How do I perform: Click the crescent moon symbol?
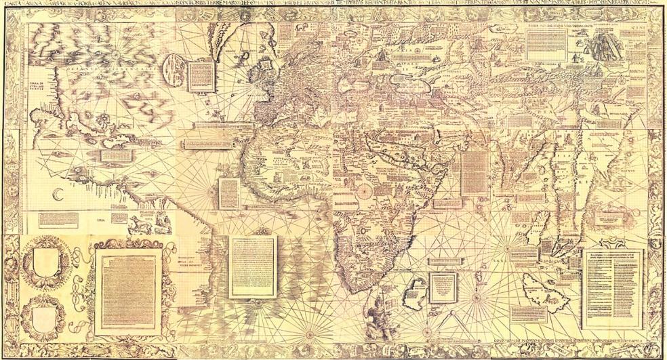pos(57,195)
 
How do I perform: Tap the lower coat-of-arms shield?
pos(43,318)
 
